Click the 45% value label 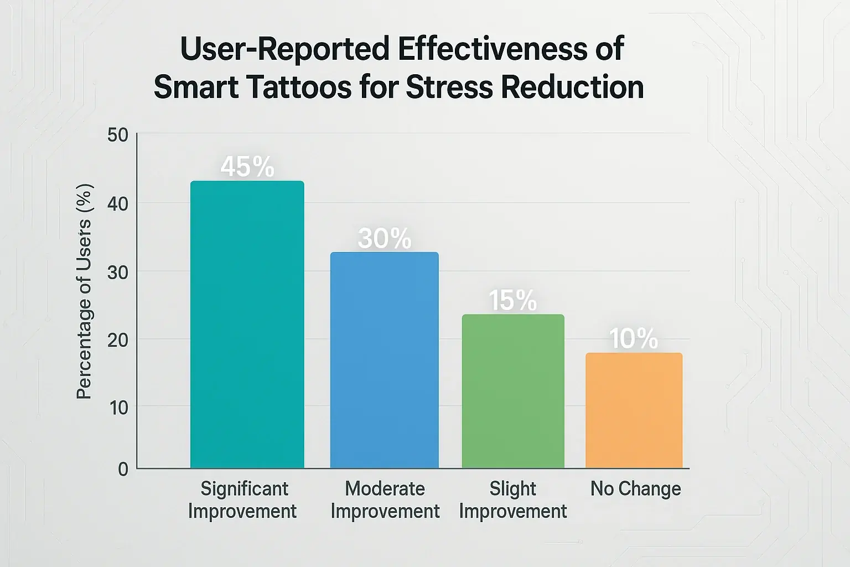[247, 167]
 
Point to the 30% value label [385, 239]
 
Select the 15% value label [512, 301]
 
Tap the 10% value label [634, 339]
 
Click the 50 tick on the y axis [117, 135]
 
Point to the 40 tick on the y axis [117, 204]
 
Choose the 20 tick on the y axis [117, 340]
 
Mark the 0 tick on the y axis [123, 470]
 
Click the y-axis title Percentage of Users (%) [84, 291]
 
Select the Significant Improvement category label [243, 499]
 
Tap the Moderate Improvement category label [385, 499]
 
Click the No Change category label [635, 488]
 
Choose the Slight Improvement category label [512, 499]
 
